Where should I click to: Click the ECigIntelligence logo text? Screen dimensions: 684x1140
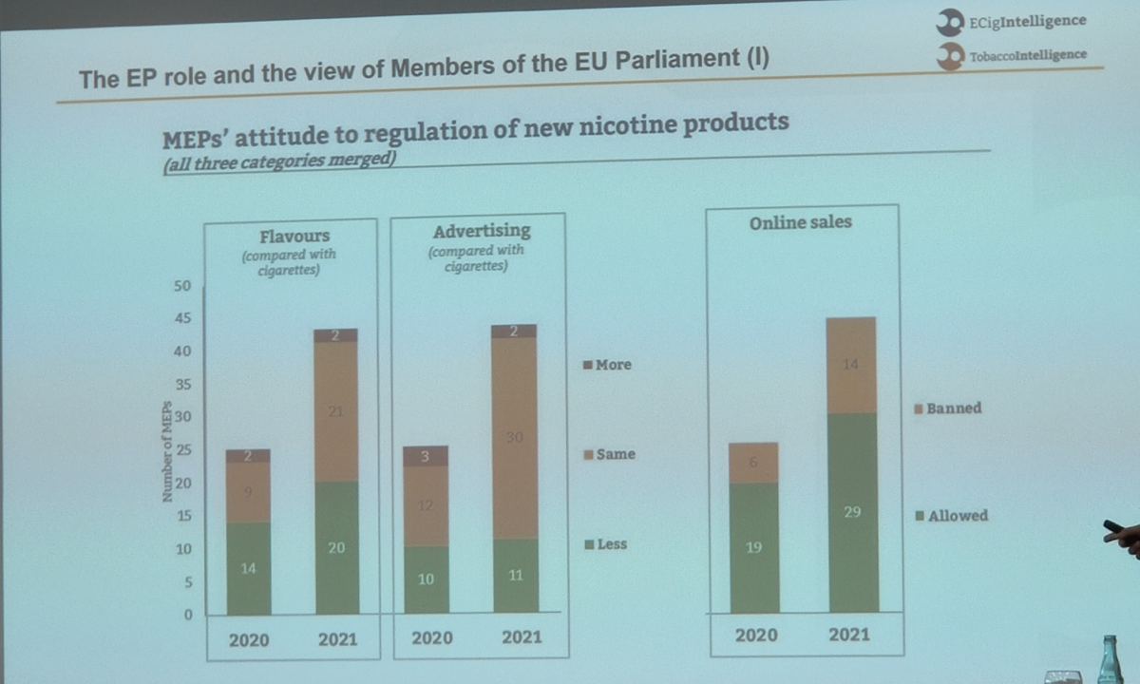point(1027,21)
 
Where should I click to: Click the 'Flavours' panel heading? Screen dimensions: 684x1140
point(294,237)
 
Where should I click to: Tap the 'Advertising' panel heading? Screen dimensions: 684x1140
point(482,231)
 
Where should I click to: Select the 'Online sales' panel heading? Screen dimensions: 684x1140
point(800,222)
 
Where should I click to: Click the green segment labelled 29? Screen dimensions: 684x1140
point(852,513)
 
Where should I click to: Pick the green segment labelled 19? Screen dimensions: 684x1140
point(754,547)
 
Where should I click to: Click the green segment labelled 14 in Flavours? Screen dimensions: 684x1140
point(249,568)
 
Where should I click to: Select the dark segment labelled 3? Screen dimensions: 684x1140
point(427,457)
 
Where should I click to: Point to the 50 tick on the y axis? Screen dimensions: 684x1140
point(183,286)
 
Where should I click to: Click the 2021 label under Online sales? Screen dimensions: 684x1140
point(849,634)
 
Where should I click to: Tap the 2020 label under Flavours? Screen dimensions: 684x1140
point(249,639)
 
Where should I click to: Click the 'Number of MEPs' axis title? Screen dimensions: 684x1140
point(167,451)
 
